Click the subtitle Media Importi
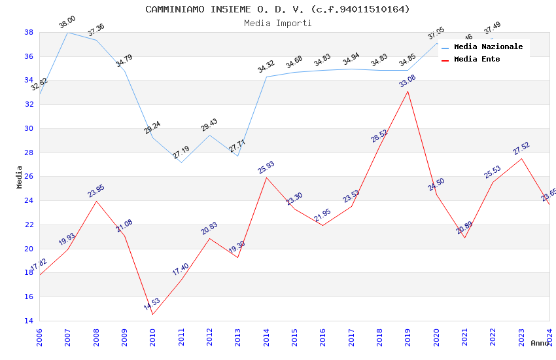pos(277,24)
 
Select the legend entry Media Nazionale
pos(488,46)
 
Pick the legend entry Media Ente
pos(477,59)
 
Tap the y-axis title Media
pos(20,177)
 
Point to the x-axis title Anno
pos(540,343)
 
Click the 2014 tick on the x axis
pos(266,338)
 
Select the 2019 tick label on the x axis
pos(408,338)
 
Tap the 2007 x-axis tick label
pos(68,338)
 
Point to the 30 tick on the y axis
pos(29,128)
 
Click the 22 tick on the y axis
pos(29,225)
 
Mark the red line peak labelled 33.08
pos(408,91)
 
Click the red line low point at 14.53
pos(153,314)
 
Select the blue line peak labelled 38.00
pos(68,32)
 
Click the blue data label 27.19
pos(181,153)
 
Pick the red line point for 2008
pos(96,201)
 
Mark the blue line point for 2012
pos(209,135)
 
